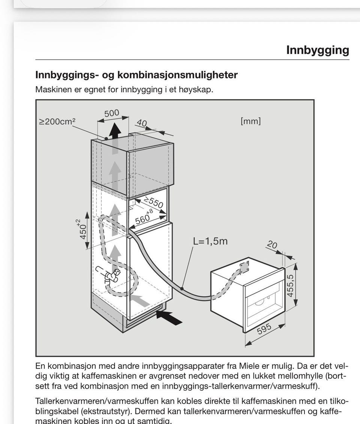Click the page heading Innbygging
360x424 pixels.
click(318, 50)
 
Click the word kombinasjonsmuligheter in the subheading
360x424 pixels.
click(177, 75)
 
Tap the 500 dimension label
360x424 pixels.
click(112, 113)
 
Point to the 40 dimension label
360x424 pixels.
click(142, 123)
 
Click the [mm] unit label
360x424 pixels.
click(250, 121)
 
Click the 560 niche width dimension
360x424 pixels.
click(144, 217)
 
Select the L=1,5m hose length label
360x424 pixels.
click(210, 241)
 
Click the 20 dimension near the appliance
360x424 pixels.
click(272, 245)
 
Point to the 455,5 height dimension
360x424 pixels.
click(290, 286)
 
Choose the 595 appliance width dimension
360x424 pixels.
click(264, 329)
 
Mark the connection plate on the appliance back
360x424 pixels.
click(244, 267)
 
